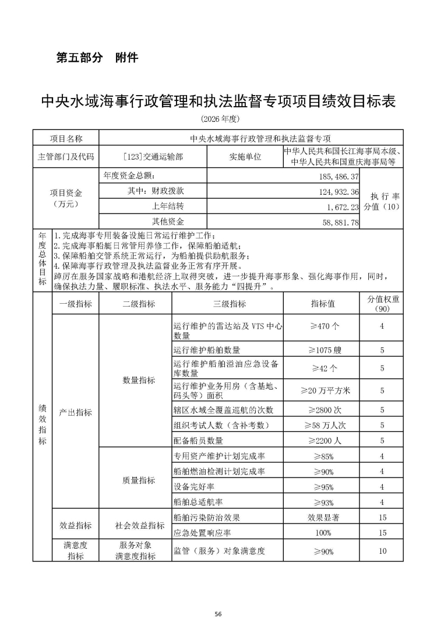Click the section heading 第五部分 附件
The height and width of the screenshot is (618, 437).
(97, 58)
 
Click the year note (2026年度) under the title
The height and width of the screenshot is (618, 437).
(219, 118)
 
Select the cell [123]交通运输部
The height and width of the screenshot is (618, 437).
(153, 157)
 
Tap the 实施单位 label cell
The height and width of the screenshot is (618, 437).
(245, 157)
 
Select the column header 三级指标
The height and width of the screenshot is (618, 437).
(227, 304)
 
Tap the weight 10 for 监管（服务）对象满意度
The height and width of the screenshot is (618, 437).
(382, 551)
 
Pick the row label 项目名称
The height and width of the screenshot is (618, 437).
(66, 139)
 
